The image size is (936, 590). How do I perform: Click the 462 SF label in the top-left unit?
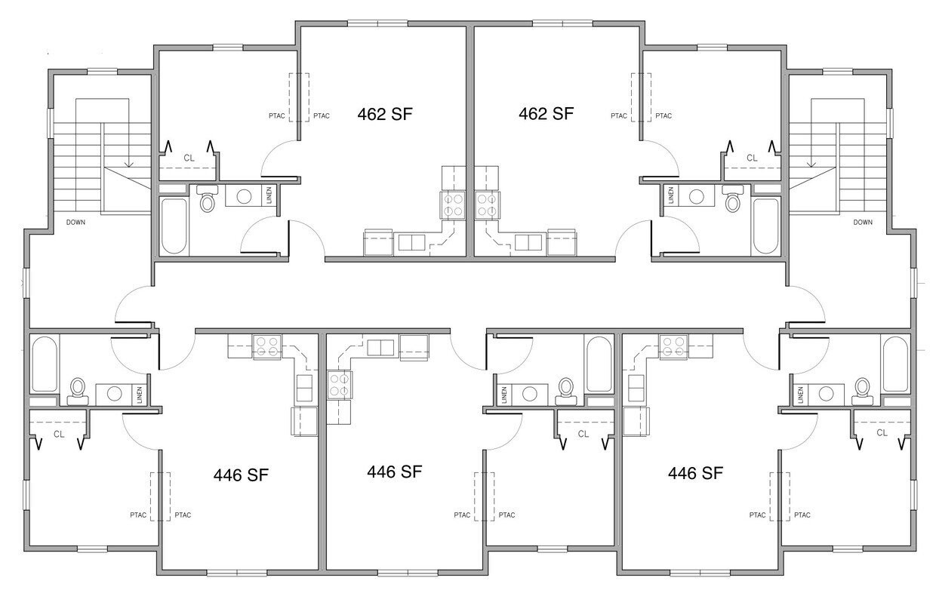(384, 115)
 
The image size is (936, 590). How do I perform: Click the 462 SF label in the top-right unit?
(547, 115)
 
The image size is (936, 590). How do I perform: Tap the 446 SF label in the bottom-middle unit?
(394, 472)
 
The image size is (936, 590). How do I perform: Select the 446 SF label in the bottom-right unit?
(695, 474)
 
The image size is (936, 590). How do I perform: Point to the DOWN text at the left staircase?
(75, 222)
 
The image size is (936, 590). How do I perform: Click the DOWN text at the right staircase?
(863, 222)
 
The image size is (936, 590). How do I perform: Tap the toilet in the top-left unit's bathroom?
(207, 201)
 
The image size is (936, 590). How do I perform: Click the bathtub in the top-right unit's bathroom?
(765, 226)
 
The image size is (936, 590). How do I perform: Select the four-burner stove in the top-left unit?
(453, 204)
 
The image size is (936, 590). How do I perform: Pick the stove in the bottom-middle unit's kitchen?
(338, 385)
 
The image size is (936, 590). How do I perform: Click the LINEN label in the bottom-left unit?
(140, 394)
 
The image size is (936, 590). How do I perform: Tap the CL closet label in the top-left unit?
(189, 158)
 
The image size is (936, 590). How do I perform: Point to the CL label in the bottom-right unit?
(882, 433)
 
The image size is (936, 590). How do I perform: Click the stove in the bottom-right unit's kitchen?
(673, 346)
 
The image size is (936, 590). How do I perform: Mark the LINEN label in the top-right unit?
(670, 195)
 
